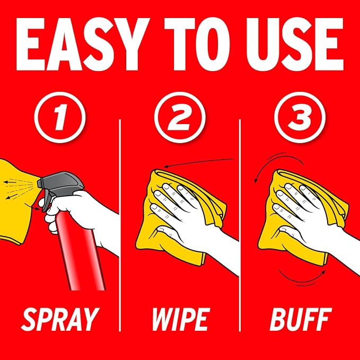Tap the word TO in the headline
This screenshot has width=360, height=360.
197,44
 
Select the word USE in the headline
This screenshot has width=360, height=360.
295,44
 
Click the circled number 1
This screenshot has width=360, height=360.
60,117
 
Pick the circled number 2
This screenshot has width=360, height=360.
180,117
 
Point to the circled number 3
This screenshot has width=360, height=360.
300,117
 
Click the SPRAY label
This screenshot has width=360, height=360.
60,320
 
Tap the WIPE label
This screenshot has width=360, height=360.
181,320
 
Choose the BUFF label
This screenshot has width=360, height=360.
301,320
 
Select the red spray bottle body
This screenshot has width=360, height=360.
81,250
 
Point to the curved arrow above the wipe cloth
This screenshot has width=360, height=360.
199,162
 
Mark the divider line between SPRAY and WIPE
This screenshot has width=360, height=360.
120,225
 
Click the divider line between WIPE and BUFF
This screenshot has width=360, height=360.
240,225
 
